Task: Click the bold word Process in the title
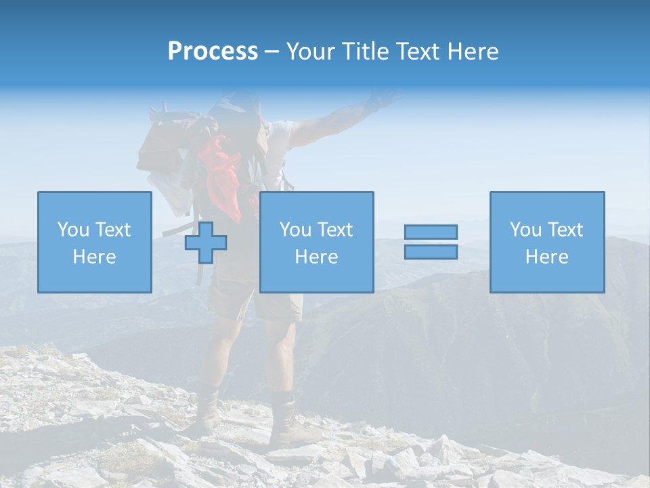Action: [213, 52]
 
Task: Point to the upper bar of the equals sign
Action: [431, 232]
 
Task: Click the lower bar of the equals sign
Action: [431, 251]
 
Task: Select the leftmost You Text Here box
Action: [95, 242]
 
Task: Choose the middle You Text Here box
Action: [316, 242]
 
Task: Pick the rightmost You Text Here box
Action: [547, 242]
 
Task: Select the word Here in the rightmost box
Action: [547, 256]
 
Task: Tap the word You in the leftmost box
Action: [73, 229]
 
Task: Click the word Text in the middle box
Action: [335, 229]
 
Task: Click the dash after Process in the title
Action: [272, 52]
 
